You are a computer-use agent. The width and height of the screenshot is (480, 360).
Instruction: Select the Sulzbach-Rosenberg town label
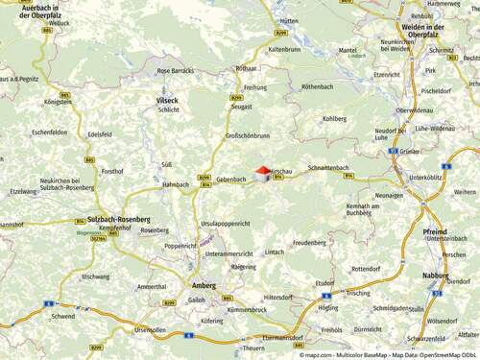pos(117,218)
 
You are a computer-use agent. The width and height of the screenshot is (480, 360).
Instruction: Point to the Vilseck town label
pos(167,100)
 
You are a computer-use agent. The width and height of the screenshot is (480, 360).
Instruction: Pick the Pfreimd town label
pos(434,231)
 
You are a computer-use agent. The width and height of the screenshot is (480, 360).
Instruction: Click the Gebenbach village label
pos(231,180)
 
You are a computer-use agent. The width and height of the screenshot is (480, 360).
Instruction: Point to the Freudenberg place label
pos(309,244)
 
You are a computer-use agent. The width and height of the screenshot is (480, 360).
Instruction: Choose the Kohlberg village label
pos(334,119)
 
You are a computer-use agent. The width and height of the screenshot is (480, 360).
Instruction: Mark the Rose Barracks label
pos(176,70)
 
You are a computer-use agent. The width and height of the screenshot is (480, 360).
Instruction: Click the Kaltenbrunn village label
pos(285,48)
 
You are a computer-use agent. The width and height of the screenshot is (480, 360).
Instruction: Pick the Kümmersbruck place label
pos(247,310)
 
